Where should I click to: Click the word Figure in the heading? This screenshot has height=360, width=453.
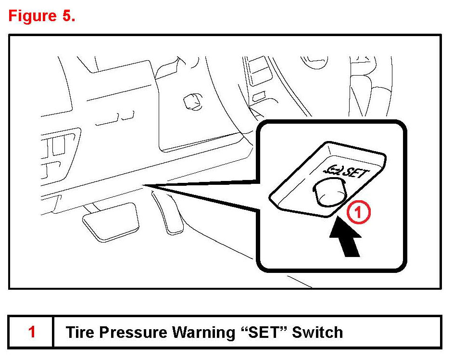pyautogui.click(x=32, y=16)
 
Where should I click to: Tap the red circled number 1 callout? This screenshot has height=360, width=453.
pyautogui.click(x=358, y=213)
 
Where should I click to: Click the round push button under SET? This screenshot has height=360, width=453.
pyautogui.click(x=330, y=192)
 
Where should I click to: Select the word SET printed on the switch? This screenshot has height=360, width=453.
pyautogui.click(x=356, y=173)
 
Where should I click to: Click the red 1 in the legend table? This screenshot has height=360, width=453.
pyautogui.click(x=32, y=332)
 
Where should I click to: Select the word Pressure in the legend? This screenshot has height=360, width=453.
pyautogui.click(x=133, y=332)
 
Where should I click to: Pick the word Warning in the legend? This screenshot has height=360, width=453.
pyautogui.click(x=203, y=333)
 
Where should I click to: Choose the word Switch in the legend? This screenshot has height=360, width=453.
pyautogui.click(x=317, y=332)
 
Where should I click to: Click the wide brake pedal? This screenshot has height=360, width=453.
pyautogui.click(x=111, y=222)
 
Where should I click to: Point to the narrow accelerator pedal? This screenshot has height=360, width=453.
pyautogui.click(x=167, y=213)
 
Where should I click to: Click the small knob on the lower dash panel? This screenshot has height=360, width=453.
pyautogui.click(x=193, y=102)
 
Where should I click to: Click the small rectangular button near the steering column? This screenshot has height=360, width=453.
pyautogui.click(x=259, y=97)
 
